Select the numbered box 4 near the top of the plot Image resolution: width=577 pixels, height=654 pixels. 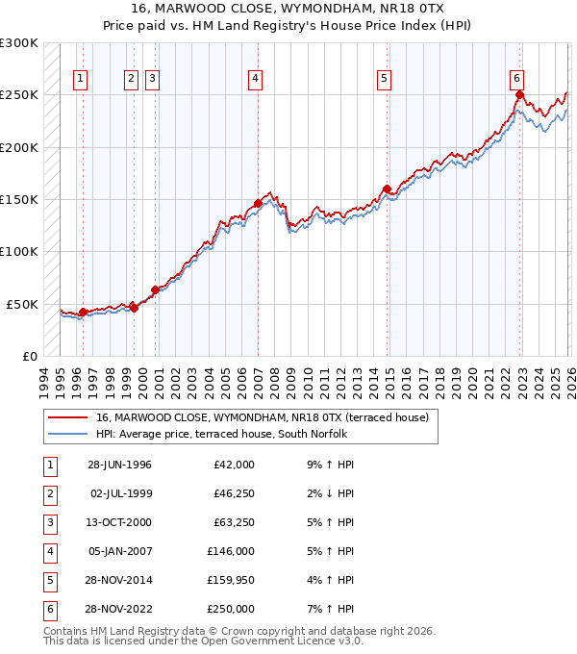click(255, 79)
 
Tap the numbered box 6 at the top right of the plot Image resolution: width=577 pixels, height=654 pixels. click(517, 79)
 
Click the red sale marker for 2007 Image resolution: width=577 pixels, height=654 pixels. click(258, 203)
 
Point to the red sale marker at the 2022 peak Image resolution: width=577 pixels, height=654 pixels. click(519, 94)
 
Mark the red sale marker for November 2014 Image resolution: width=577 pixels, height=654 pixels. click(387, 189)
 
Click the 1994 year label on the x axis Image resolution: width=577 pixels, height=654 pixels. click(43, 380)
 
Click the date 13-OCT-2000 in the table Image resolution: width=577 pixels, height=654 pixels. click(119, 524)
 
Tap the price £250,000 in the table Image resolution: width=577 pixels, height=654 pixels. click(231, 609)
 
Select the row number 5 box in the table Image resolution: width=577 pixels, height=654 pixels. click(47, 580)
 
